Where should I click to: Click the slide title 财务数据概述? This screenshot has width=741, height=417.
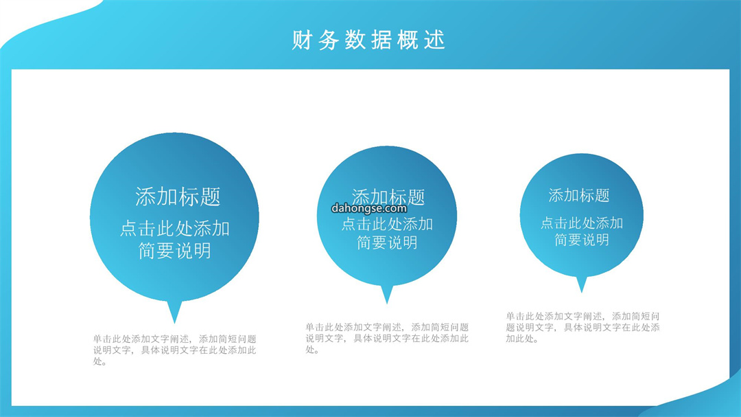[368, 40]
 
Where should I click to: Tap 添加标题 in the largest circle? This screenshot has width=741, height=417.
[178, 196]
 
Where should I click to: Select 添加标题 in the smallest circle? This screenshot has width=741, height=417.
[579, 195]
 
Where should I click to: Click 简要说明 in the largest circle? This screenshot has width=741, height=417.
[175, 251]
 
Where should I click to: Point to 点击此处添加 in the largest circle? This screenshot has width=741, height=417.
[175, 229]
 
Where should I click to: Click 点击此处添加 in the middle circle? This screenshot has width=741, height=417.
[387, 224]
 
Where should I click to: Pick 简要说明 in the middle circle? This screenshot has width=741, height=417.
[387, 243]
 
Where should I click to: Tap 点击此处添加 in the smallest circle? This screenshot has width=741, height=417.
[582, 223]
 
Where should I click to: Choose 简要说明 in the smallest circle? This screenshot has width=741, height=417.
[582, 240]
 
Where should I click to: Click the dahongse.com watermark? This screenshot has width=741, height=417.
[369, 208]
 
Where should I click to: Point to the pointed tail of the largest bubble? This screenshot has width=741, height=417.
[174, 323]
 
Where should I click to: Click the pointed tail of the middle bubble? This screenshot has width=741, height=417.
[387, 303]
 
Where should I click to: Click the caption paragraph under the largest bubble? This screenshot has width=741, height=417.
[174, 350]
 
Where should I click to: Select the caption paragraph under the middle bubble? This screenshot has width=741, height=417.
[387, 339]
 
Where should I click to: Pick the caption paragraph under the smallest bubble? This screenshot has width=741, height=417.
[583, 327]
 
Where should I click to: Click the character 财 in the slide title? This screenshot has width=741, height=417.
[301, 40]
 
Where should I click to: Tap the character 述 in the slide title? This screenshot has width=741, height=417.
[435, 40]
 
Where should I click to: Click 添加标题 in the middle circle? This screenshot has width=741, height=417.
[388, 197]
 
